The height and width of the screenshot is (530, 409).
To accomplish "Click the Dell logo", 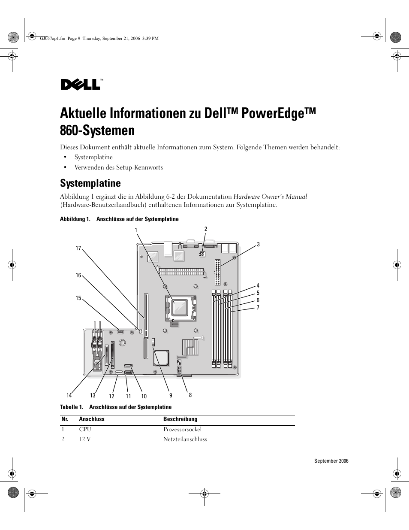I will point(81,84).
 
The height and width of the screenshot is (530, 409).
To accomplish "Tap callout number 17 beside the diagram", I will point(78,248).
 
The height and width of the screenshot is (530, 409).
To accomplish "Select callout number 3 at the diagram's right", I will point(258,245).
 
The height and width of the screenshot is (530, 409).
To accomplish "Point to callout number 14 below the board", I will point(69,396).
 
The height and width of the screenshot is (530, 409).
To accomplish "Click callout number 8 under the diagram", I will point(190,395).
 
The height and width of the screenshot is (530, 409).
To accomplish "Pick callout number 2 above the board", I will point(206,229).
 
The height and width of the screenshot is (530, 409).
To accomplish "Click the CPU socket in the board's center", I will point(180,307).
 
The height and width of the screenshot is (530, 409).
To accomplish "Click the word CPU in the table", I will point(85,429).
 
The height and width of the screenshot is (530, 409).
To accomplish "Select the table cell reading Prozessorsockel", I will point(182,429).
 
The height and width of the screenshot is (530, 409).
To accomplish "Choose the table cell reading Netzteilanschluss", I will point(185,439).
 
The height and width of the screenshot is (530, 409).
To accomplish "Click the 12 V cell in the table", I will point(85,439).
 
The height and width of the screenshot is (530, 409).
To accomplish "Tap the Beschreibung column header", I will point(180,419).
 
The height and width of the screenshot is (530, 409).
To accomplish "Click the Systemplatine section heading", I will point(90,183).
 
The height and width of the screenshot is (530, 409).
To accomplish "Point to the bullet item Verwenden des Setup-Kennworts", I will point(118,167).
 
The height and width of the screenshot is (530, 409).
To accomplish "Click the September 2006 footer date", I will point(331,461).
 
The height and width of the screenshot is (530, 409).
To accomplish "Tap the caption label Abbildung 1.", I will point(75,219).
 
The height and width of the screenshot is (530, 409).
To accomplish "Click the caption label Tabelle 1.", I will point(71,407).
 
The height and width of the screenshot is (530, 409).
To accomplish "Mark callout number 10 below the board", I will point(144,397).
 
